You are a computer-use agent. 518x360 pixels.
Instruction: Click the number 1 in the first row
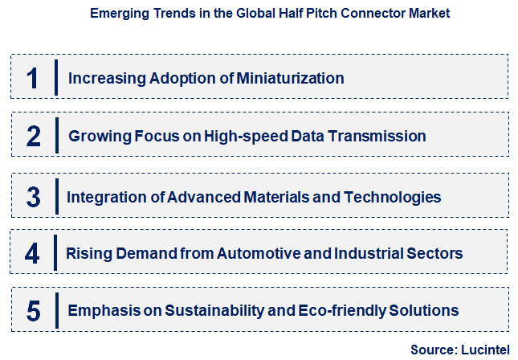(32, 78)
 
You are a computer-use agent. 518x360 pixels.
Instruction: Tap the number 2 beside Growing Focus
(33, 136)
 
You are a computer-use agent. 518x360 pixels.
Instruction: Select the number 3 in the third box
(33, 196)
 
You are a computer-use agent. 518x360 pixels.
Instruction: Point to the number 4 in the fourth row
(32, 254)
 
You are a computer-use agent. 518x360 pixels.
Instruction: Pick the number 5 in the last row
(32, 310)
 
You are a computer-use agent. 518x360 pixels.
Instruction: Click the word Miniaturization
(288, 78)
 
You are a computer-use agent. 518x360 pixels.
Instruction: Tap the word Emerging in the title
(117, 14)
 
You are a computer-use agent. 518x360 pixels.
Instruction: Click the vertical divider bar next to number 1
(57, 77)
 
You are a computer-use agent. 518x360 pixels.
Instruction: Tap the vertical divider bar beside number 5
(57, 309)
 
